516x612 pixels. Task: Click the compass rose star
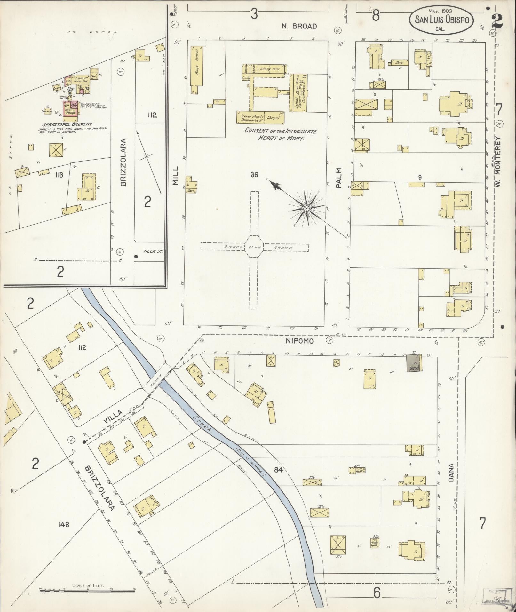(x=306, y=209)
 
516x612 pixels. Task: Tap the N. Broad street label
(x=299, y=26)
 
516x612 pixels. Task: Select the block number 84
(x=279, y=470)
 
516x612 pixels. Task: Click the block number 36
(x=254, y=175)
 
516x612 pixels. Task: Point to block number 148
(x=64, y=524)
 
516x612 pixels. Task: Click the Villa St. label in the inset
(x=153, y=252)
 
